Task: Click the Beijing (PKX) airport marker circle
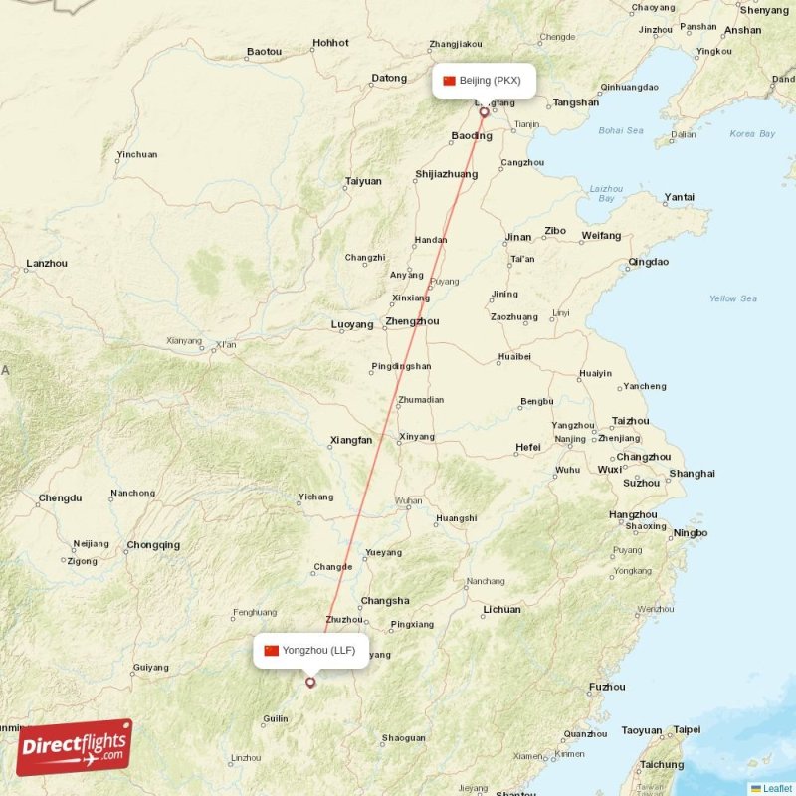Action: point(485,112)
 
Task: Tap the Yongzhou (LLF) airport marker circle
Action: point(310,683)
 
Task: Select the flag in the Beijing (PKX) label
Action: point(449,81)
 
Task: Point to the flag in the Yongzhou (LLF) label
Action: point(271,651)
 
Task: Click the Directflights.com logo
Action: point(74,747)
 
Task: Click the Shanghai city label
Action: point(693,474)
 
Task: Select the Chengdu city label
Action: point(61,497)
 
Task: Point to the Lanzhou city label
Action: point(47,264)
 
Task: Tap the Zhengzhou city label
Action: point(412,322)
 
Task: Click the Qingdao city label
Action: point(649,263)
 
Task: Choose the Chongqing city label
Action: point(153,545)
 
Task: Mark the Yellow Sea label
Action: point(732,298)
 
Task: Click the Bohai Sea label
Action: point(621,130)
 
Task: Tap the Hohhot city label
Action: point(330,43)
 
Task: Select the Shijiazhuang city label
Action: point(446,175)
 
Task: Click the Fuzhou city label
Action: point(607,687)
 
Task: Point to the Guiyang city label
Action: point(150,668)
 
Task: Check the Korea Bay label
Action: point(752,133)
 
